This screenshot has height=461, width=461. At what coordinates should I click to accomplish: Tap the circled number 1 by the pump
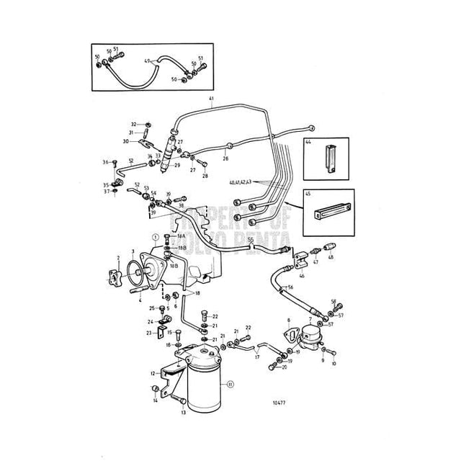(153, 236)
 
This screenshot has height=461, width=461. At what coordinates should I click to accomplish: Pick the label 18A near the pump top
(181, 236)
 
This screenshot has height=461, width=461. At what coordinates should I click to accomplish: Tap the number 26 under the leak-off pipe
(225, 158)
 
